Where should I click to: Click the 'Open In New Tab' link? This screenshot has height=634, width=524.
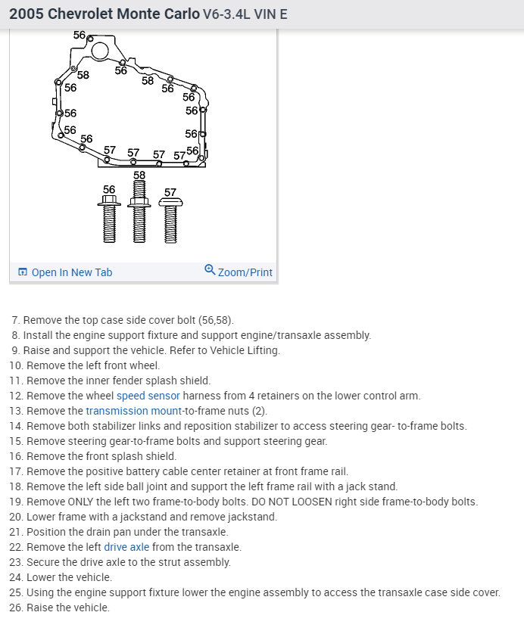[71, 272]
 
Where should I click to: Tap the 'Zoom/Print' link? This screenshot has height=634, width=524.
[245, 272]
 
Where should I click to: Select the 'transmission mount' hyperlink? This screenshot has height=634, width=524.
[133, 411]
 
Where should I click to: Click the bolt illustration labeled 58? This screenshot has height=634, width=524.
[139, 216]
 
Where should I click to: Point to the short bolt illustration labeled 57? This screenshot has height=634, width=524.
[170, 219]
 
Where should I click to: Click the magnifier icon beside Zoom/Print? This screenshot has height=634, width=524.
[210, 270]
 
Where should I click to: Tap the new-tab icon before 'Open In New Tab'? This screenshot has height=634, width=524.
[23, 272]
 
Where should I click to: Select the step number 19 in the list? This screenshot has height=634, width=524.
[15, 502]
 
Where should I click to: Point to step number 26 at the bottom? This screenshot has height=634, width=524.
[15, 608]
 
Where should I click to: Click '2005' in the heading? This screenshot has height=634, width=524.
[27, 14]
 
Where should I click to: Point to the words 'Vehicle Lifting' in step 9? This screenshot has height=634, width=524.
[245, 350]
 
